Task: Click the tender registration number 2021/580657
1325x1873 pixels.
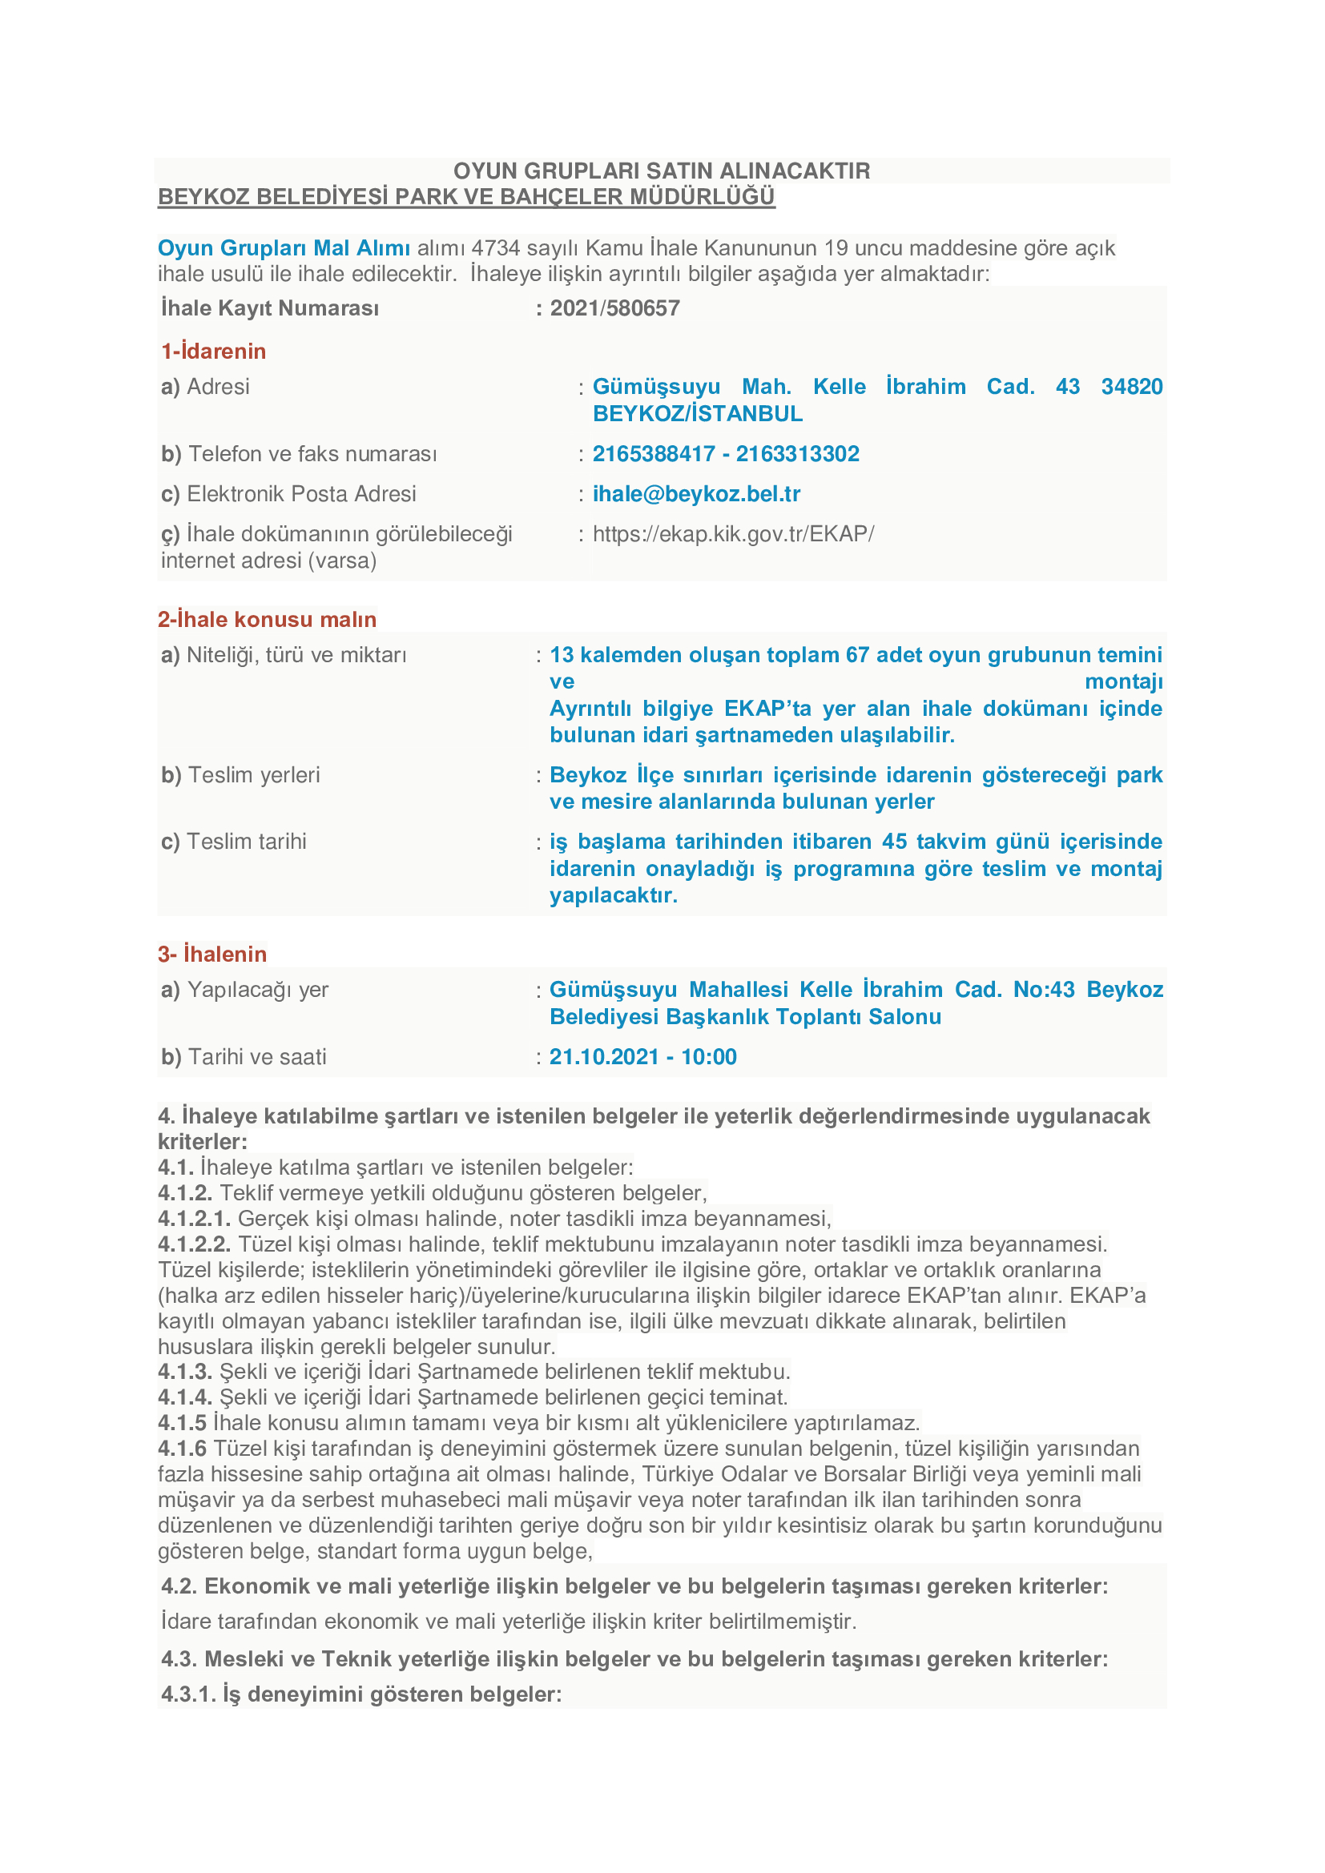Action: (x=614, y=308)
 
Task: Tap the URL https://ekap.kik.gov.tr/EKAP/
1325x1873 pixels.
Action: (x=733, y=534)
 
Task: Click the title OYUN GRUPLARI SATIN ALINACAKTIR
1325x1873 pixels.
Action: (x=662, y=171)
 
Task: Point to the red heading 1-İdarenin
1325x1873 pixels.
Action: (x=214, y=352)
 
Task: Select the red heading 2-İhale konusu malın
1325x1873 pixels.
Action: (x=267, y=620)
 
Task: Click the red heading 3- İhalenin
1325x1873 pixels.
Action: (x=212, y=955)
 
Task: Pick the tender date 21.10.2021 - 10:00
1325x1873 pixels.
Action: (x=643, y=1057)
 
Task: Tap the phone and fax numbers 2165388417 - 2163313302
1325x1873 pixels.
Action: (x=725, y=454)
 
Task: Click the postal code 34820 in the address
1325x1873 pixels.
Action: (x=1132, y=387)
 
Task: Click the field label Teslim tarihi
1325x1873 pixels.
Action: (x=247, y=842)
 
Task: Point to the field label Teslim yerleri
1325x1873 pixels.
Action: (x=254, y=775)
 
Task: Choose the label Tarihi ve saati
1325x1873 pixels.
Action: (x=257, y=1057)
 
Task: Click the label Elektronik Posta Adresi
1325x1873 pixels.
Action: (x=301, y=494)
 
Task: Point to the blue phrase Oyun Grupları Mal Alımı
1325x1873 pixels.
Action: (x=283, y=249)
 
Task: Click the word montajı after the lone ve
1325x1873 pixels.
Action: (x=1122, y=682)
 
